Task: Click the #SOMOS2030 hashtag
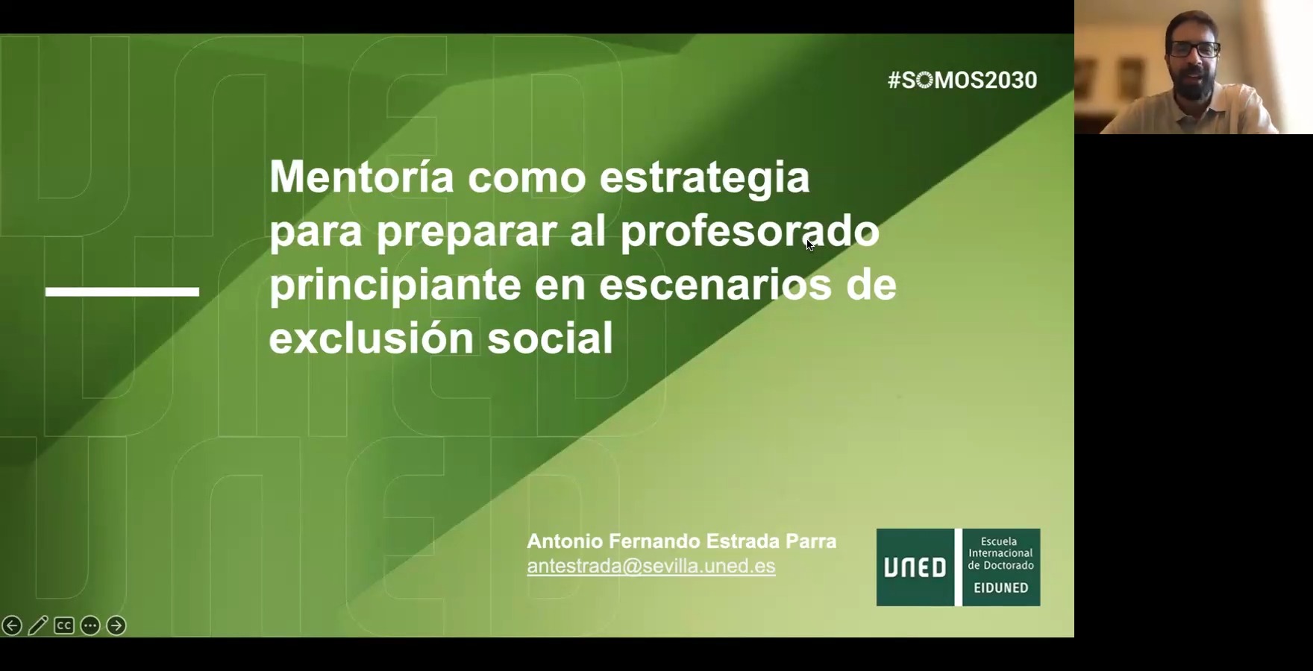coord(962,80)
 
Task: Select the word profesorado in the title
coord(750,231)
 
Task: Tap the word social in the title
coord(550,338)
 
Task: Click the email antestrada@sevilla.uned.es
coord(651,566)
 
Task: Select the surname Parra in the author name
coord(811,541)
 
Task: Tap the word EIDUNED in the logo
coord(1001,587)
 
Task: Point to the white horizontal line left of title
coord(122,292)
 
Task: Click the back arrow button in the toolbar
coord(12,626)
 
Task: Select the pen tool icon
coord(38,626)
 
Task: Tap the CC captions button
coord(64,626)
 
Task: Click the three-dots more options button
coord(90,626)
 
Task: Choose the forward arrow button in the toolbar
coord(116,626)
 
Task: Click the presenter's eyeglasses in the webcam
coord(1194,50)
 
